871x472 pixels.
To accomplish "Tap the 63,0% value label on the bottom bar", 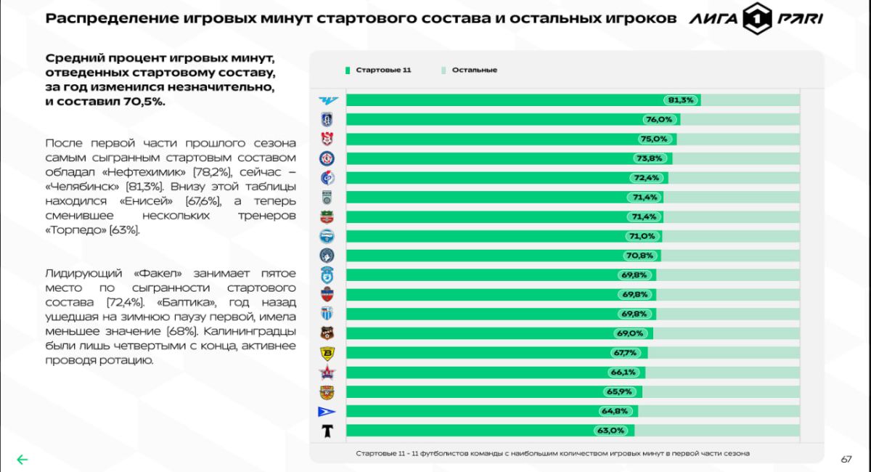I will tap(611, 431).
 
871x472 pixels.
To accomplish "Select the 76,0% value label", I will tap(660, 119).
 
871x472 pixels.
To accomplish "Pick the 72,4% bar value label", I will tap(646, 178).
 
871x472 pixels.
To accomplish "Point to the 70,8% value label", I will tap(639, 256).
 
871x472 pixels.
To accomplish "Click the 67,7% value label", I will tap(624, 353).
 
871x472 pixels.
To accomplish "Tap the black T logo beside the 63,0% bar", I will tap(327, 431).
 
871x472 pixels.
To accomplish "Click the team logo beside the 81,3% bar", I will tap(327, 100).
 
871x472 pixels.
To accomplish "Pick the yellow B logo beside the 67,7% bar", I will tap(327, 354).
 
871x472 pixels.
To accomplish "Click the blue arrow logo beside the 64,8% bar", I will tap(327, 412).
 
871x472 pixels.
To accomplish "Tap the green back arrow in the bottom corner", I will tap(23, 459).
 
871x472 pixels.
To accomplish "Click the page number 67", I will tap(846, 459).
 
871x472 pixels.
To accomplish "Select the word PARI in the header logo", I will tap(801, 20).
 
